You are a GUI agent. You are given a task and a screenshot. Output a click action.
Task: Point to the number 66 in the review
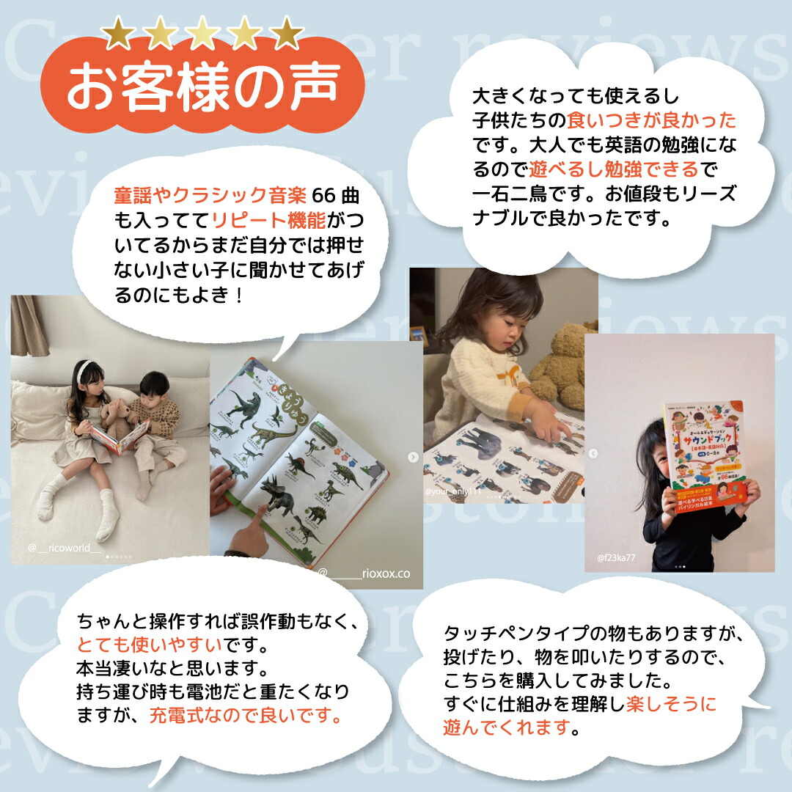(x=323, y=196)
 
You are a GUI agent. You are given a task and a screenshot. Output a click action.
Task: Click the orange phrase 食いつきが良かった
(x=651, y=120)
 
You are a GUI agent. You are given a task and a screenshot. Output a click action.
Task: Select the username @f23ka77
(x=615, y=558)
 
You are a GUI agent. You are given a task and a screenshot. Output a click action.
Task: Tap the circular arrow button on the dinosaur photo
(x=413, y=458)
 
